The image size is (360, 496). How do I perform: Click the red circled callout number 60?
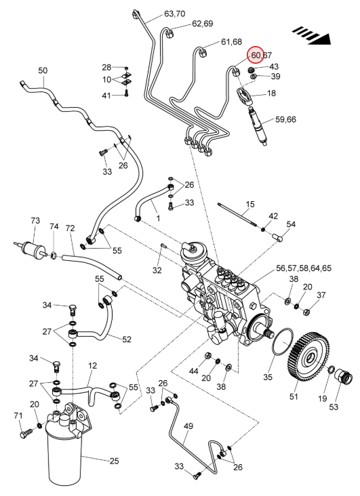pos(256,56)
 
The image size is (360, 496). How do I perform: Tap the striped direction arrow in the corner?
pos(312,35)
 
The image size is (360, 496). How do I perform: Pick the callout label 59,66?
pos(285,119)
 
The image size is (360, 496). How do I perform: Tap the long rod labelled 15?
pos(237,215)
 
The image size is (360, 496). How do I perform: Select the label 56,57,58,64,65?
pos(304,268)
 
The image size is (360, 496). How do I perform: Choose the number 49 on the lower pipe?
pos(188,426)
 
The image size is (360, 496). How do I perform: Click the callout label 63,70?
pos(175,14)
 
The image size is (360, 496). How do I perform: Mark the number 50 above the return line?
pos(43,70)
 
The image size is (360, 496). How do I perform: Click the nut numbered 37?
pos(306,312)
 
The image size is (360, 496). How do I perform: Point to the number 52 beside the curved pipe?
pos(127,339)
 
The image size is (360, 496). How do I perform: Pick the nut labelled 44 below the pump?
pos(208,356)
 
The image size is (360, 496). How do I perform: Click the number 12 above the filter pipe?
pos(92,366)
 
